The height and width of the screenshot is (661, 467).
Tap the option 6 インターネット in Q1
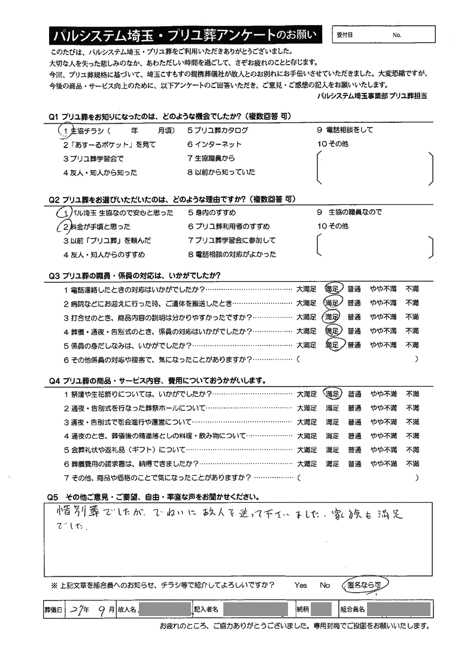pos(214,144)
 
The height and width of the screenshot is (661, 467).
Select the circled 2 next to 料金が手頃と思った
pos(64,227)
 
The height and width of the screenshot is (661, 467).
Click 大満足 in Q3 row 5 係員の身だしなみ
pos(307,345)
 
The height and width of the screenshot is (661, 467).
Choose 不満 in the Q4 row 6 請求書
pos(413,464)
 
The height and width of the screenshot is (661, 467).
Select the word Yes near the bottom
pos(301,585)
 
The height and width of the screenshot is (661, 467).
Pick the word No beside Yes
pos(325,585)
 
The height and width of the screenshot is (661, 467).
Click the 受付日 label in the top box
pos(345,35)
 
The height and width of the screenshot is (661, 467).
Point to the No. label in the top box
pos(397,35)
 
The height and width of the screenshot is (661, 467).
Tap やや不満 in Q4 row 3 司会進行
pos(383,422)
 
